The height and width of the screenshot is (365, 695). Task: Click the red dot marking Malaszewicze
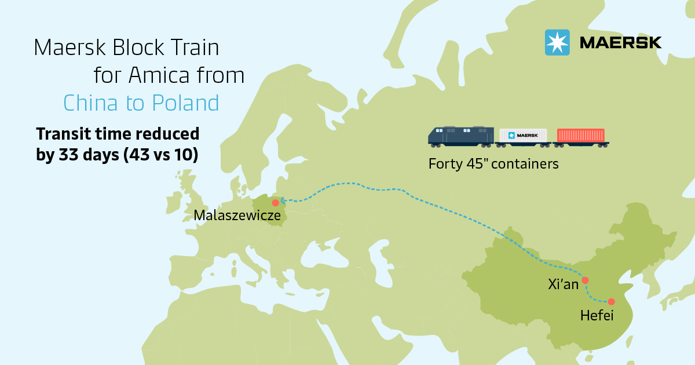click(x=275, y=203)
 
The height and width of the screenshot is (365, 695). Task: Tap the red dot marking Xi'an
click(x=585, y=280)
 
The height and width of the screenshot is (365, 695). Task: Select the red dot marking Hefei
click(x=611, y=301)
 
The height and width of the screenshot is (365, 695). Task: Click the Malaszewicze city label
click(x=237, y=216)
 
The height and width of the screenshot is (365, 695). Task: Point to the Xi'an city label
click(x=563, y=284)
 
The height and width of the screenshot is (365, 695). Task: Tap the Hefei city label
click(x=597, y=316)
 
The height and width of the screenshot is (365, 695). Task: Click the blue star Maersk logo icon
click(x=557, y=42)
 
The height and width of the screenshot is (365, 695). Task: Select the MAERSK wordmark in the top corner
click(x=620, y=43)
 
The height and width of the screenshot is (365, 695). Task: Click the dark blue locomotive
click(x=461, y=136)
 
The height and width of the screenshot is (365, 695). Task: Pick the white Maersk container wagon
click(x=524, y=136)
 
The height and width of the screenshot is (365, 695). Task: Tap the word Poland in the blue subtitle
click(x=185, y=103)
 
